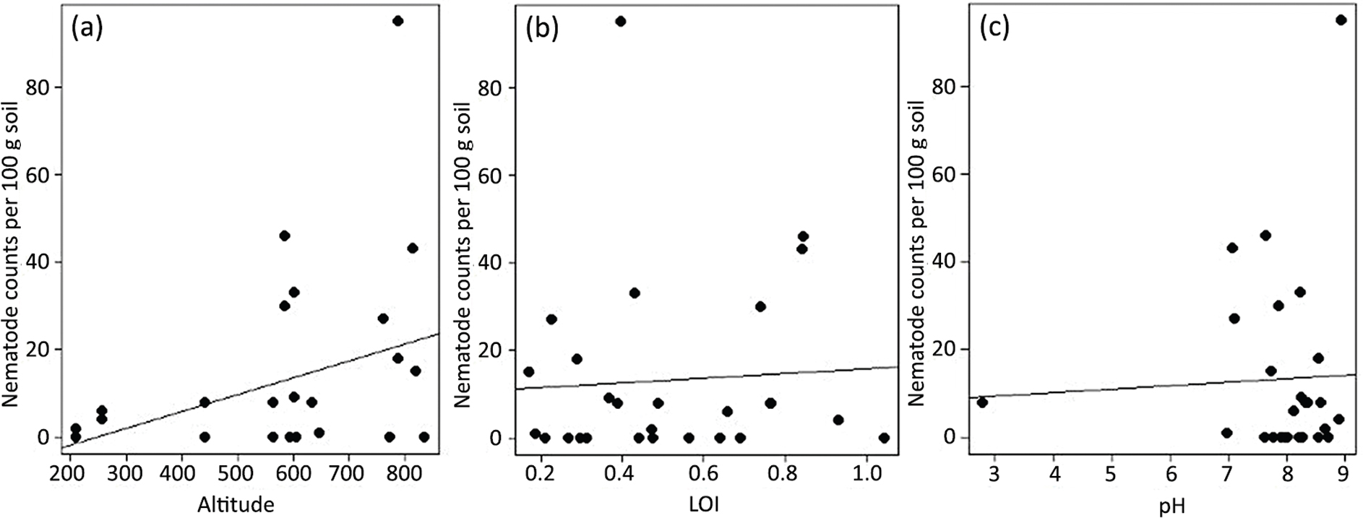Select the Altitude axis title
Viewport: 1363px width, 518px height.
pyautogui.click(x=236, y=505)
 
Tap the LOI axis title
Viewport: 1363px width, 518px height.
pyautogui.click(x=706, y=505)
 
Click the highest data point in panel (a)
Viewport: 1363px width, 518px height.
pyautogui.click(x=397, y=21)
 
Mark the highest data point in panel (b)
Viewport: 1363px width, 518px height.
pyautogui.click(x=620, y=21)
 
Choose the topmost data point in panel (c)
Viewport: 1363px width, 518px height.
pyautogui.click(x=1341, y=20)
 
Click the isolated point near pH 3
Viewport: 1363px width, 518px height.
pyautogui.click(x=982, y=402)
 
